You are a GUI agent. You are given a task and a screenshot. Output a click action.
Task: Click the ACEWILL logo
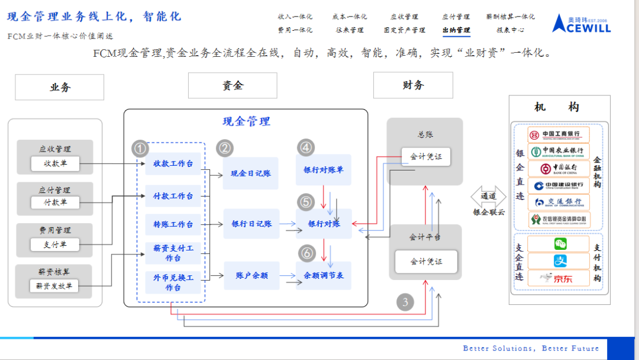[581, 23]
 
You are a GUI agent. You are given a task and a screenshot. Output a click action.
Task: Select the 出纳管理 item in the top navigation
[456, 30]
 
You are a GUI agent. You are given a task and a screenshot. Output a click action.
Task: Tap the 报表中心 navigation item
[510, 30]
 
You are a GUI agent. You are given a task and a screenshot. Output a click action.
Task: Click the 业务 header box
[60, 87]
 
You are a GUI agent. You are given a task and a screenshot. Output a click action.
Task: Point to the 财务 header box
[413, 85]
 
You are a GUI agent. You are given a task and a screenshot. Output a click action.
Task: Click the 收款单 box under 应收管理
[55, 163]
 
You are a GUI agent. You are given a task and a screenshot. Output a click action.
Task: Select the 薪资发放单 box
[54, 286]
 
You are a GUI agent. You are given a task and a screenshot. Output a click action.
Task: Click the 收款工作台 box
[173, 163]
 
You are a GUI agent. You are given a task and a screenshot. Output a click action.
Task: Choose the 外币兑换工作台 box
[173, 282]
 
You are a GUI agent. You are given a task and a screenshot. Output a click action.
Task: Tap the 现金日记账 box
[250, 173]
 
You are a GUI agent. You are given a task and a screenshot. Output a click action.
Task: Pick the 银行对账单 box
[324, 169]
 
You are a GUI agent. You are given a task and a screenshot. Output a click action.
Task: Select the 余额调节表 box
[324, 275]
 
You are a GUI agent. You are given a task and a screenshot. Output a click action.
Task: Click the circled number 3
[405, 303]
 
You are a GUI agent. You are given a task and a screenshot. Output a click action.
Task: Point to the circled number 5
[305, 202]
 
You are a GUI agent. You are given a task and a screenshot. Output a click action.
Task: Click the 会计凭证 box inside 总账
[425, 157]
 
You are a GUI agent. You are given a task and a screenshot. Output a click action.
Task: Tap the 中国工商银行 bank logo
[559, 134]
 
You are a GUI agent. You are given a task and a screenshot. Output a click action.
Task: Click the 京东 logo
[559, 278]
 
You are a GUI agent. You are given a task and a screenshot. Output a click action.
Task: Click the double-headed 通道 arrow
[488, 196]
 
